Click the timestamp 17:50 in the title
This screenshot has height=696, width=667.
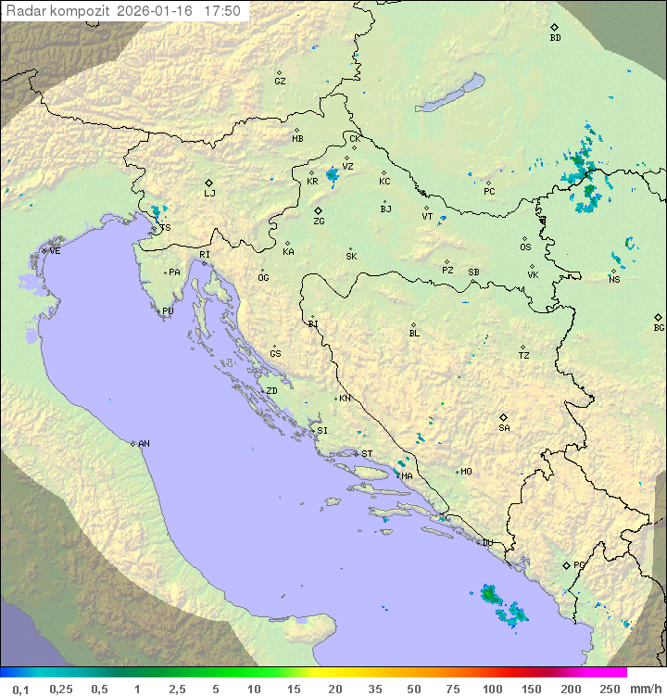point(221,11)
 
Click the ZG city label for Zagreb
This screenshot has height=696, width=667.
point(319,221)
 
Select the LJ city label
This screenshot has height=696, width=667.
point(209,193)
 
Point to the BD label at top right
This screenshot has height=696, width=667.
point(555,38)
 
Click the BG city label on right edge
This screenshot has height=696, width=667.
point(659,327)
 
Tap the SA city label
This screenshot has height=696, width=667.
point(504,427)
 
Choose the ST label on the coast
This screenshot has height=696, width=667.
point(367,454)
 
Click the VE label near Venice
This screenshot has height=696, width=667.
point(55,251)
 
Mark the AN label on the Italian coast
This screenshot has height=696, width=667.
point(144,444)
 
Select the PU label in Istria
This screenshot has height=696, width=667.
point(168,311)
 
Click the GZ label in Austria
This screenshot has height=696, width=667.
point(280,81)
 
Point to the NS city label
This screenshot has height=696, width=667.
point(613,280)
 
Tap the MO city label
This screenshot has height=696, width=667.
point(466,471)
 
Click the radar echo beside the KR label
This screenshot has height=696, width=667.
point(332,173)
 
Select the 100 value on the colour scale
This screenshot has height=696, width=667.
point(492,689)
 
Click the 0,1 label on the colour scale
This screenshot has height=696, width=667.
point(20,689)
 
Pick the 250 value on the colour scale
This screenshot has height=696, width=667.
point(609,689)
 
